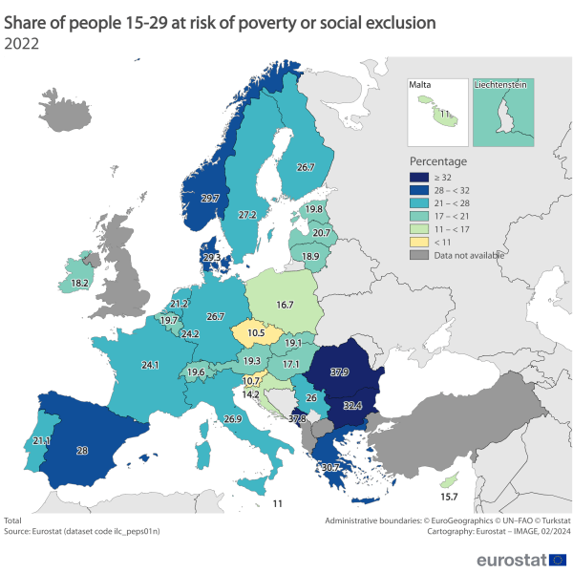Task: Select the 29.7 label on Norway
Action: (x=211, y=198)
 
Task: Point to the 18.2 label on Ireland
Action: (x=79, y=284)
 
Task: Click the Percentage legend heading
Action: (x=437, y=160)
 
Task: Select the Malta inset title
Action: (x=420, y=85)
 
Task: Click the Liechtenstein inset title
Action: (x=502, y=85)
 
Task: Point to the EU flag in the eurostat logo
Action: (x=558, y=559)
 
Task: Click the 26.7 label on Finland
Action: (x=306, y=167)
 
